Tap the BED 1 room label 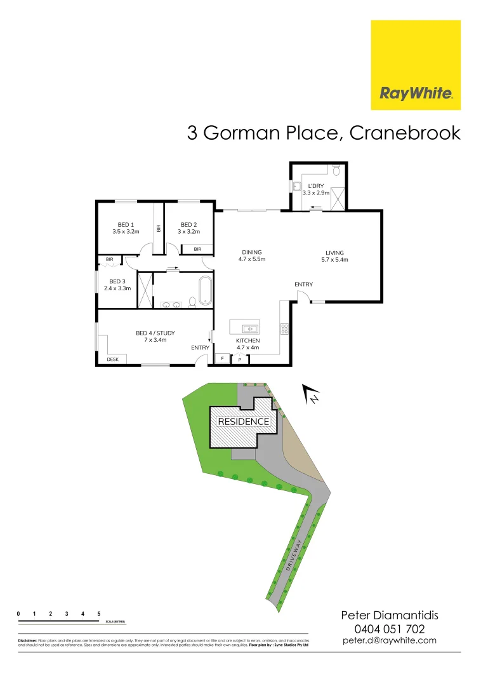click(x=126, y=228)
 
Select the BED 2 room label click(x=188, y=228)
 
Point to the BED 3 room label click(x=115, y=285)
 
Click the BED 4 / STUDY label click(x=155, y=336)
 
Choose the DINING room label click(x=251, y=255)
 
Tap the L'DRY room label click(x=316, y=189)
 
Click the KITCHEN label click(x=247, y=344)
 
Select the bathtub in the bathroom click(x=204, y=291)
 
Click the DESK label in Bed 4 click(x=112, y=360)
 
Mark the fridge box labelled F click(x=223, y=359)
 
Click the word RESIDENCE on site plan click(x=244, y=421)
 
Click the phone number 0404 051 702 click(x=390, y=629)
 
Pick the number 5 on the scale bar click(x=99, y=614)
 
